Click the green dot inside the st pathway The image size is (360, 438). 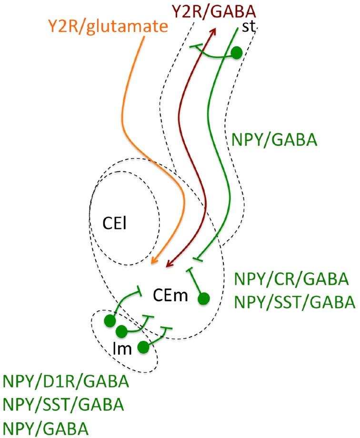pos(236,52)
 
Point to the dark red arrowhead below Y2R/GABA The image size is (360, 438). pos(210,31)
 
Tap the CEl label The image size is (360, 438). pos(113,223)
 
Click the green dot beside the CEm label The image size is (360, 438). pos(203,299)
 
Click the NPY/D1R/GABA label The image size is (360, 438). pos(66,382)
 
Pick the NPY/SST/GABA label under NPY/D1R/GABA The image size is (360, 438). pos(63,405)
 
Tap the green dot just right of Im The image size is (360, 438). pos(142,347)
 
